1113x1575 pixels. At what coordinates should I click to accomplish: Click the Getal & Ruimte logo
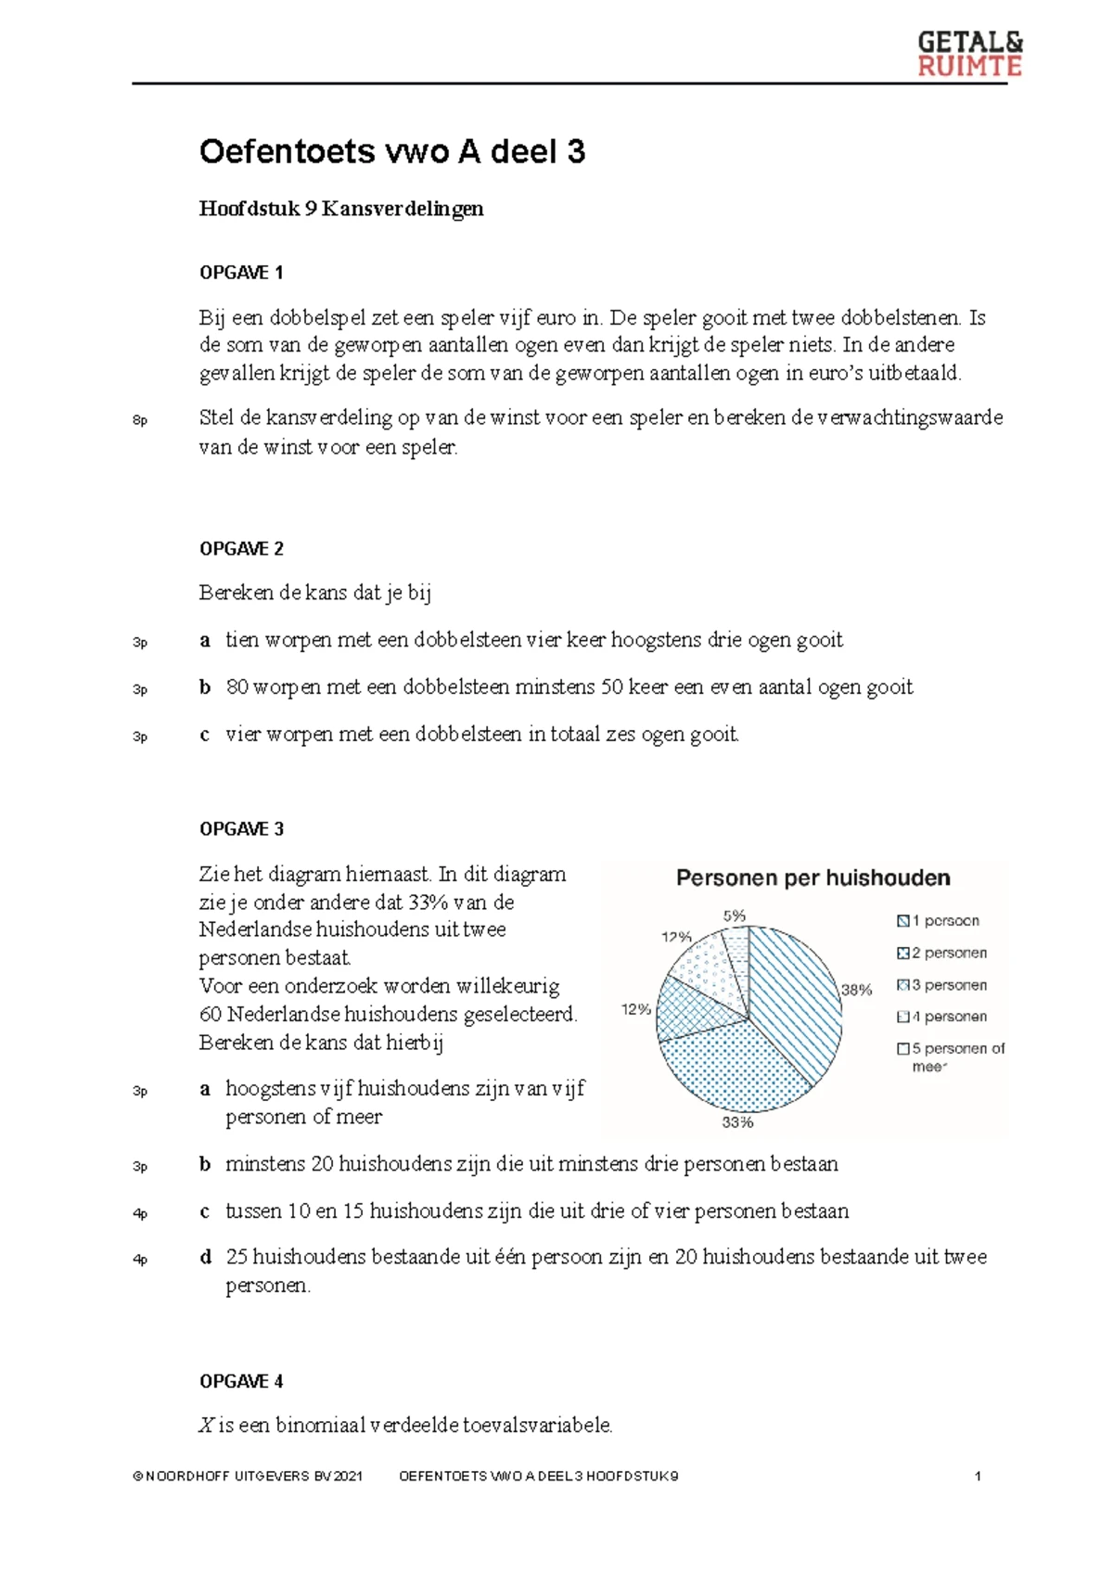[x=969, y=54]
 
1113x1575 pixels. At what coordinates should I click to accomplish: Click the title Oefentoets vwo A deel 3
[x=391, y=152]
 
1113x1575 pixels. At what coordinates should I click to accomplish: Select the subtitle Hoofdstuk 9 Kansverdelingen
[x=340, y=209]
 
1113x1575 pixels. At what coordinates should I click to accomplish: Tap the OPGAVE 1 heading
[x=241, y=273]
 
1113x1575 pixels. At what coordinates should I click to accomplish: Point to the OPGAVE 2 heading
[x=241, y=549]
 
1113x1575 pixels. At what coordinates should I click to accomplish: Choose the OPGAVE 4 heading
[x=241, y=1381]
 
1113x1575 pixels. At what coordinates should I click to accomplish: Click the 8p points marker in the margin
[x=140, y=421]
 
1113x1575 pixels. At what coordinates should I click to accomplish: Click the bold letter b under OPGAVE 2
[x=205, y=687]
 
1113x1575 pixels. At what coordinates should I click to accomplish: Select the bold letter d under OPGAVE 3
[x=206, y=1257]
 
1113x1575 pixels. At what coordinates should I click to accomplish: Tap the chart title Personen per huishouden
[x=812, y=878]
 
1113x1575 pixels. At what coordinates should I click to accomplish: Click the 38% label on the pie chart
[x=856, y=990]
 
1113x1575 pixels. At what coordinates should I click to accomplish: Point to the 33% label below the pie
[x=738, y=1122]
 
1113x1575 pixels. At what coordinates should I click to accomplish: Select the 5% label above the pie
[x=734, y=916]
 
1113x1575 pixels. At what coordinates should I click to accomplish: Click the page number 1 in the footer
[x=978, y=1476]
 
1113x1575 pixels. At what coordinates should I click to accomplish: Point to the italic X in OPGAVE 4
[x=206, y=1426]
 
